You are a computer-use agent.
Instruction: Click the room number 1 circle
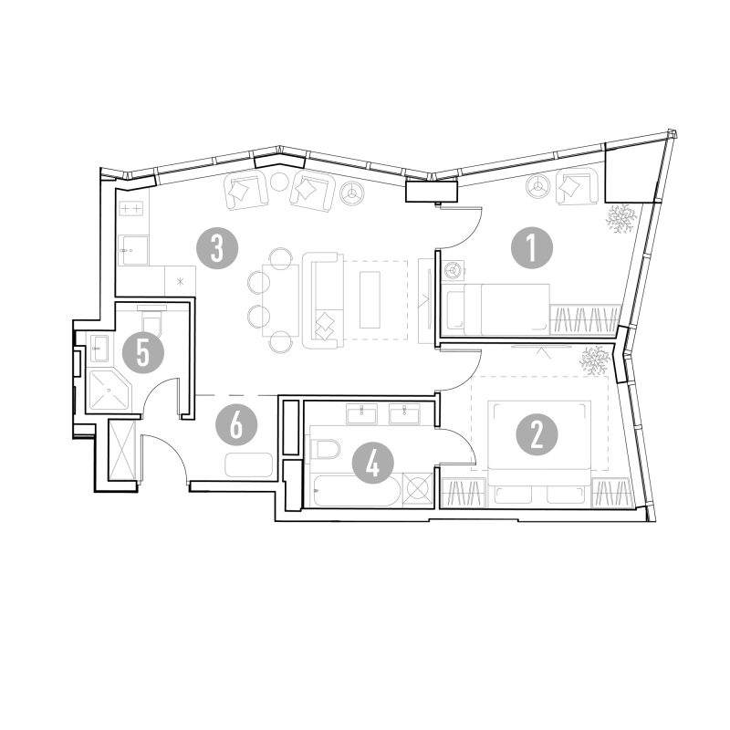click(532, 247)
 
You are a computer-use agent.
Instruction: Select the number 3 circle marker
click(217, 248)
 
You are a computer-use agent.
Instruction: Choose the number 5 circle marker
click(143, 352)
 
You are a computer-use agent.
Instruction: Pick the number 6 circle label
click(236, 424)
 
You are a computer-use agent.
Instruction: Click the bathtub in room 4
click(357, 490)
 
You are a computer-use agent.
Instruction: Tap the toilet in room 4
click(326, 449)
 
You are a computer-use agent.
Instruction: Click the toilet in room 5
click(152, 318)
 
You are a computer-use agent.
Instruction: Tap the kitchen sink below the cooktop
click(133, 250)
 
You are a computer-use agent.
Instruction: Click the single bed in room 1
click(496, 309)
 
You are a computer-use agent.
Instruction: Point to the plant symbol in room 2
click(595, 360)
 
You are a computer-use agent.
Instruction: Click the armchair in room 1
click(577, 187)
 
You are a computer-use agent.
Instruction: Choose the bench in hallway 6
click(248, 464)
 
